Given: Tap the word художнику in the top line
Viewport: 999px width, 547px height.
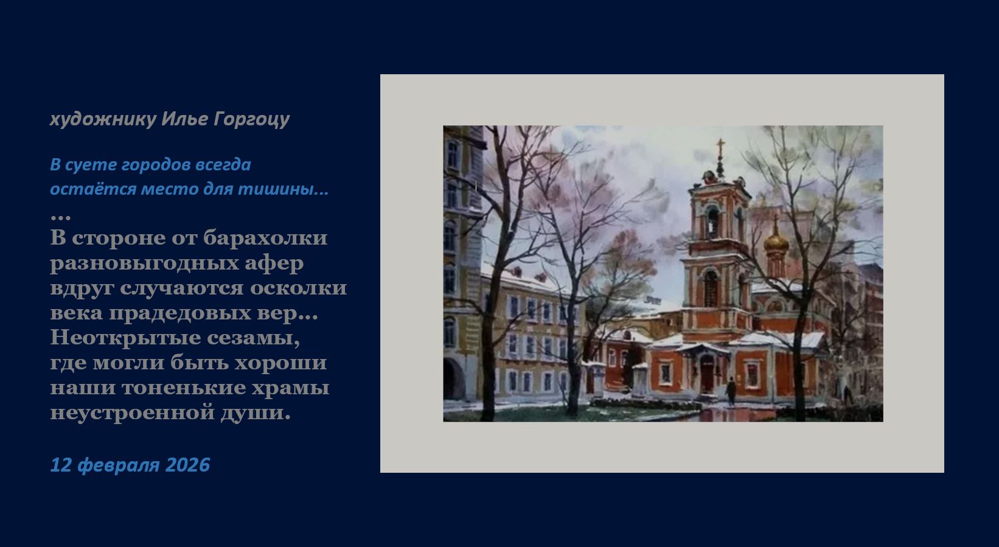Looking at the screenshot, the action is pyautogui.click(x=103, y=119).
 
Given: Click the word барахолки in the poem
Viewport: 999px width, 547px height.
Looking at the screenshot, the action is pyautogui.click(x=265, y=237).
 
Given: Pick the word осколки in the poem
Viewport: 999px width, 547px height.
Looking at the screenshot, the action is pyautogui.click(x=298, y=287).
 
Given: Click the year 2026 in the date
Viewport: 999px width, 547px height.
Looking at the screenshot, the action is pyautogui.click(x=187, y=465).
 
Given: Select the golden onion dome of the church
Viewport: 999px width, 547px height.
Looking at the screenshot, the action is pyautogui.click(x=776, y=242).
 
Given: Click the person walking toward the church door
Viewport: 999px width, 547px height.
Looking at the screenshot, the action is pyautogui.click(x=731, y=391).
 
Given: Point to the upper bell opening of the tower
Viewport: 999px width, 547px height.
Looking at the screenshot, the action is pyautogui.click(x=712, y=221).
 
